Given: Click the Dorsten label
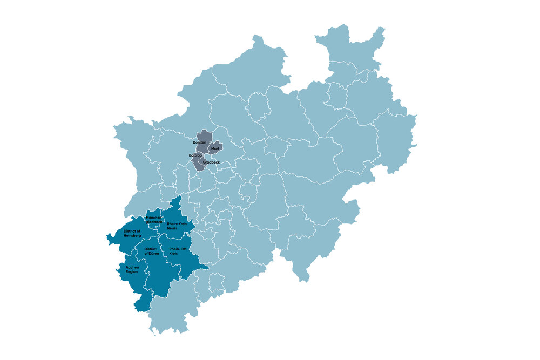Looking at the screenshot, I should [199, 142].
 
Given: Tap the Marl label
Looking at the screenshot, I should [214, 148].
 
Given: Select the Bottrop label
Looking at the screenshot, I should [195, 155].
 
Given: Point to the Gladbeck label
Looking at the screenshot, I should [211, 162].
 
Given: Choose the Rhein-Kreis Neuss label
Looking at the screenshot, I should [176, 226].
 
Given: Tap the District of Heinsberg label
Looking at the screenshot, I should [132, 233].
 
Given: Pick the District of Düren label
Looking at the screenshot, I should [151, 251].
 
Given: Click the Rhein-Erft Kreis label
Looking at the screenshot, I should [178, 251].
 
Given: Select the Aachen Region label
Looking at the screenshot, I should [132, 269].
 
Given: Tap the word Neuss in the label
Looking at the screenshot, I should [172, 228].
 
